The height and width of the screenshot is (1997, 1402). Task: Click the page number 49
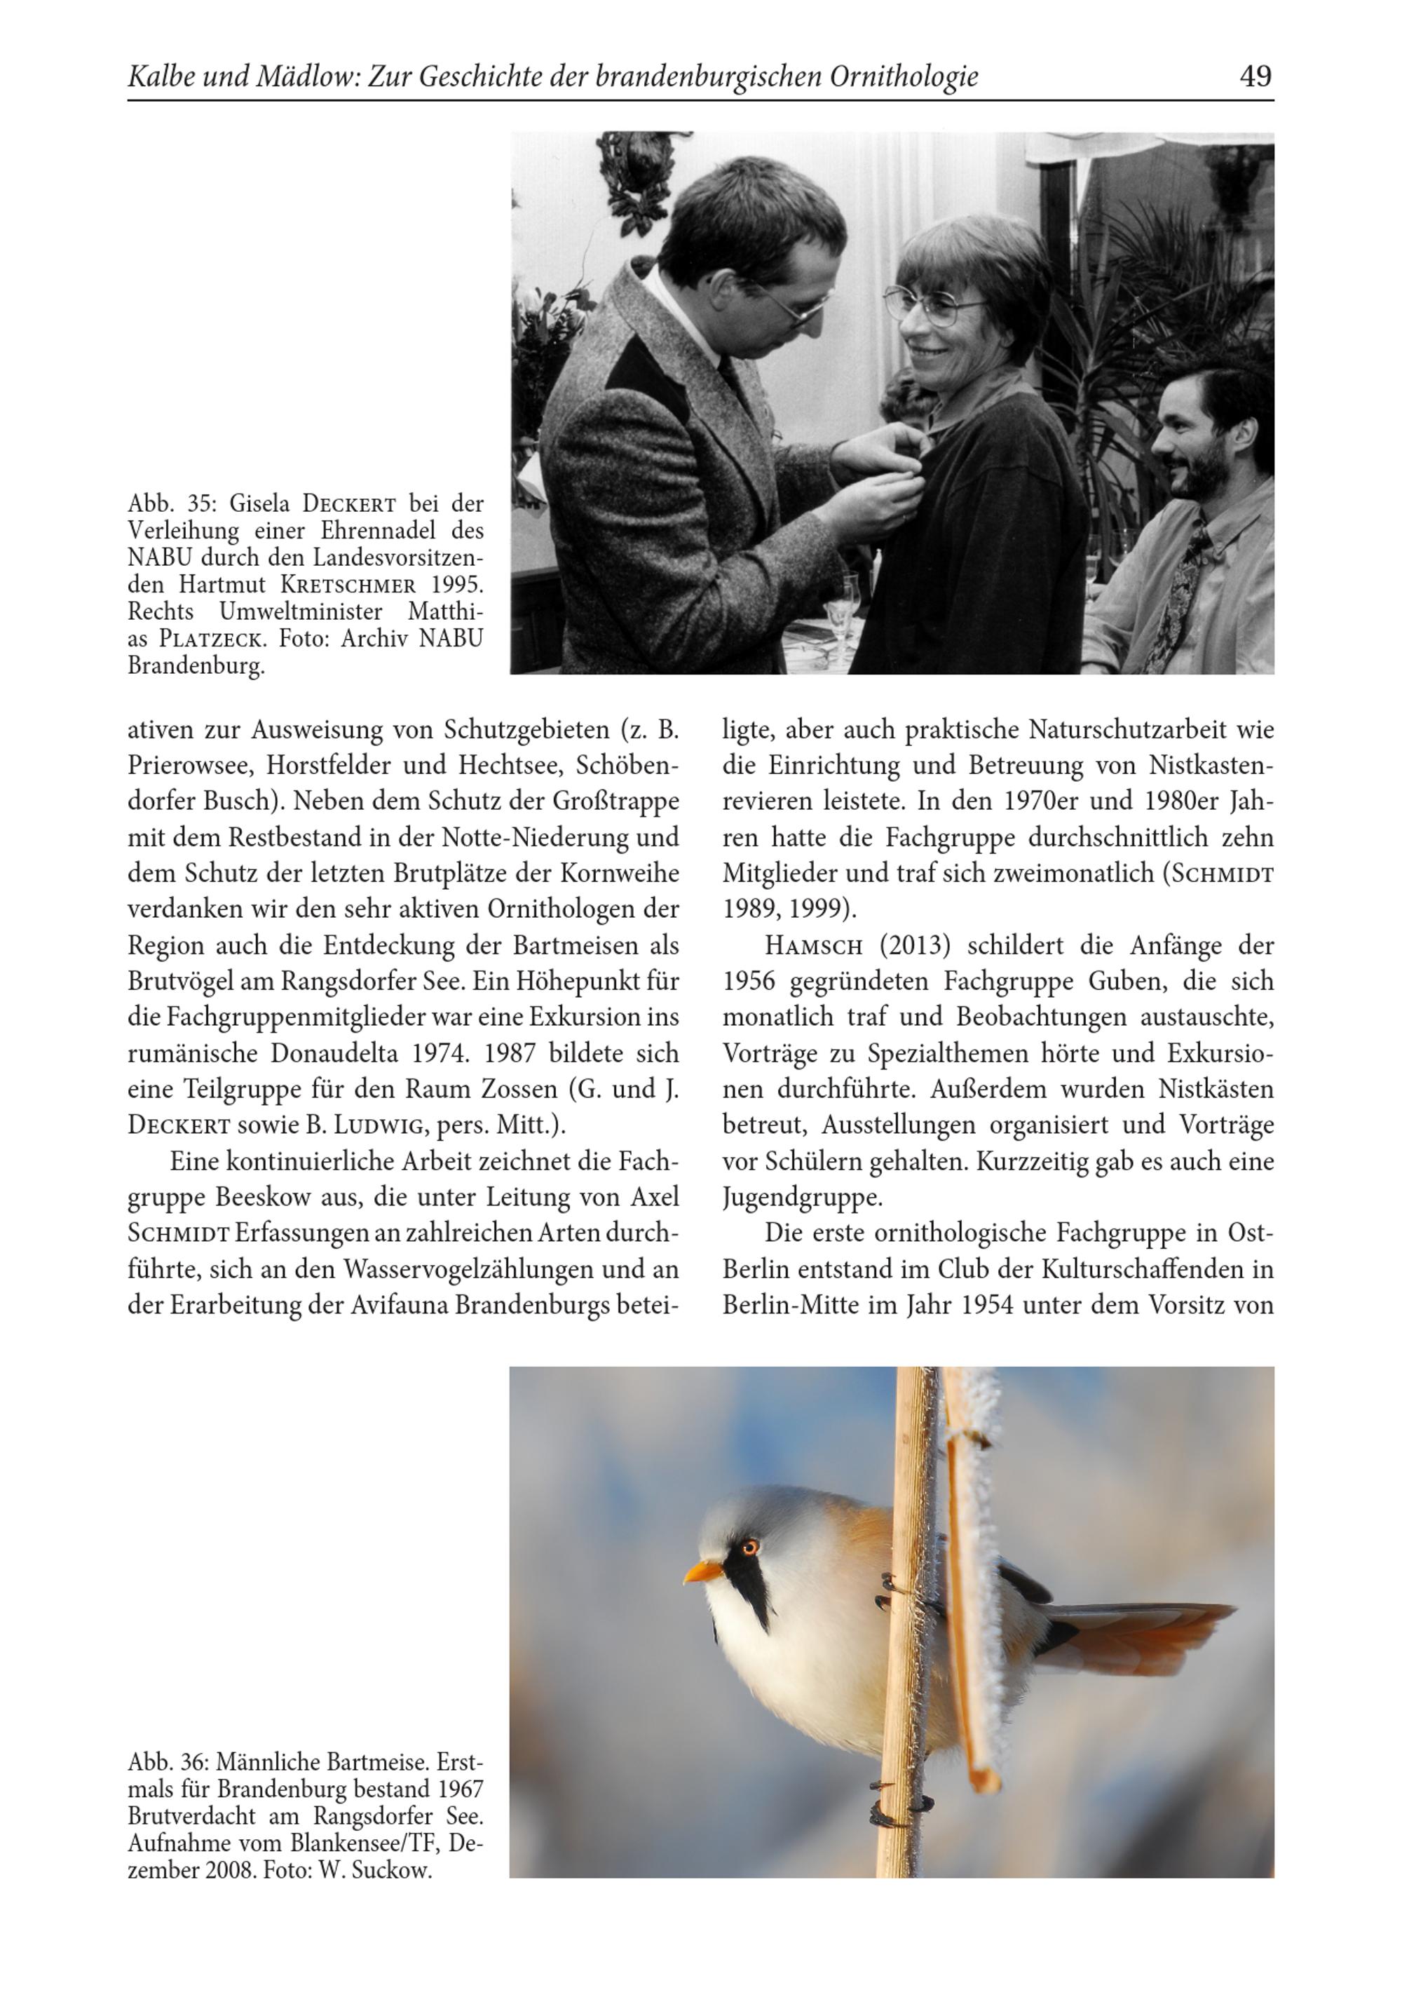tap(1255, 76)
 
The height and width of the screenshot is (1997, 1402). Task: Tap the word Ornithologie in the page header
tap(904, 77)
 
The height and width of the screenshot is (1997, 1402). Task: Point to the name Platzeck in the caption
tap(210, 639)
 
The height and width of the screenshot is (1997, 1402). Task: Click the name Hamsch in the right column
tap(813, 945)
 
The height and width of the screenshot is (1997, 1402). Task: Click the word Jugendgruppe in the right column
tap(801, 1198)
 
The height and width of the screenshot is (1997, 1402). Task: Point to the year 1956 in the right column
tap(748, 981)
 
